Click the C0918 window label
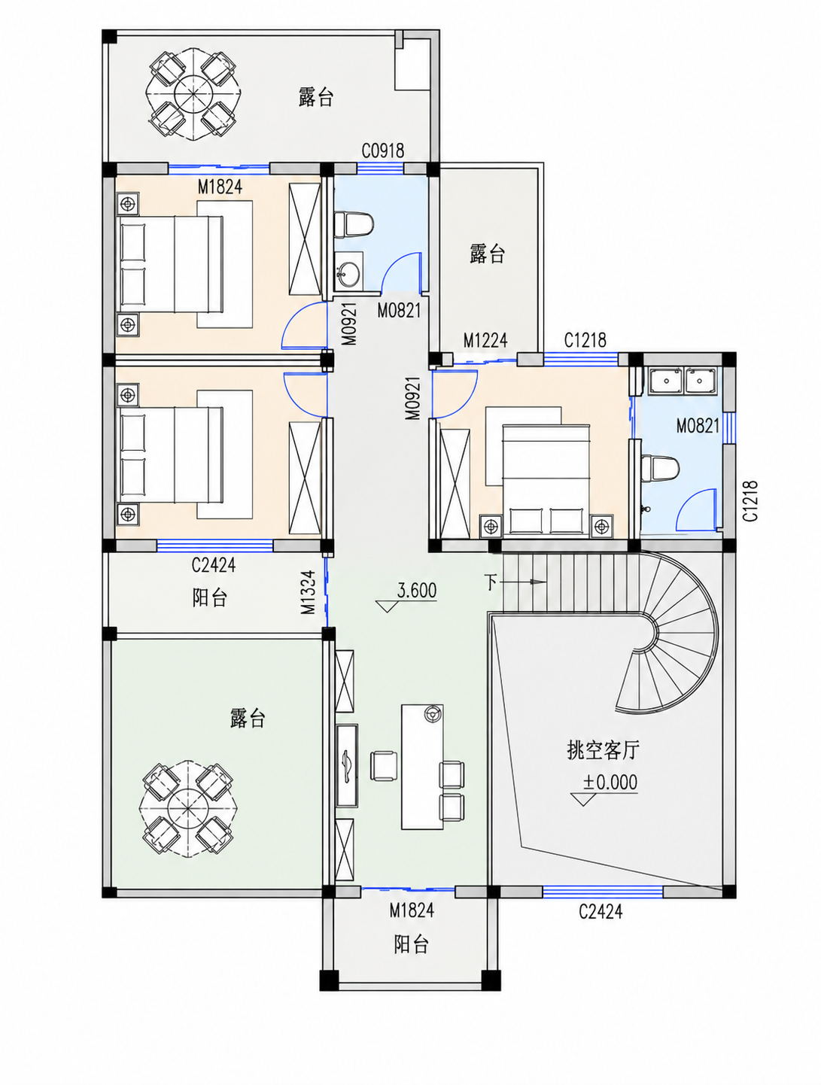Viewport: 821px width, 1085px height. tap(382, 150)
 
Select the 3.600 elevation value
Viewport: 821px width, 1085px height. tap(417, 590)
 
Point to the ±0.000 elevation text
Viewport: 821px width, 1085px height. tap(610, 783)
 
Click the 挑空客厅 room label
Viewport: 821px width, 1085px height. tap(603, 750)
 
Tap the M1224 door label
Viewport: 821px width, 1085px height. tap(485, 340)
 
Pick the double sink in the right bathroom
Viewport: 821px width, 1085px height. tap(682, 380)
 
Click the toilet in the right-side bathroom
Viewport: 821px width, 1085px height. tap(658, 468)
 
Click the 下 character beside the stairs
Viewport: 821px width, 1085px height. tap(491, 582)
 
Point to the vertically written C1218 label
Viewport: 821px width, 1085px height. tap(750, 500)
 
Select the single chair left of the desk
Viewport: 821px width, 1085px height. tap(383, 766)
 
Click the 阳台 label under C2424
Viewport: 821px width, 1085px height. tap(209, 598)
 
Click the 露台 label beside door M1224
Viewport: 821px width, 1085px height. tap(488, 254)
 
